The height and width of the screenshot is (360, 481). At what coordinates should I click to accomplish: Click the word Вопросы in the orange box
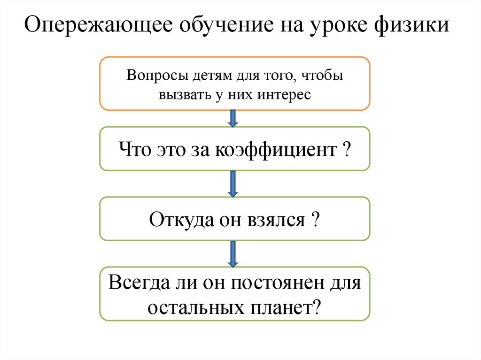(x=150, y=76)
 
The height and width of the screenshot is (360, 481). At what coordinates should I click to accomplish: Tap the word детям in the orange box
(x=205, y=76)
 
